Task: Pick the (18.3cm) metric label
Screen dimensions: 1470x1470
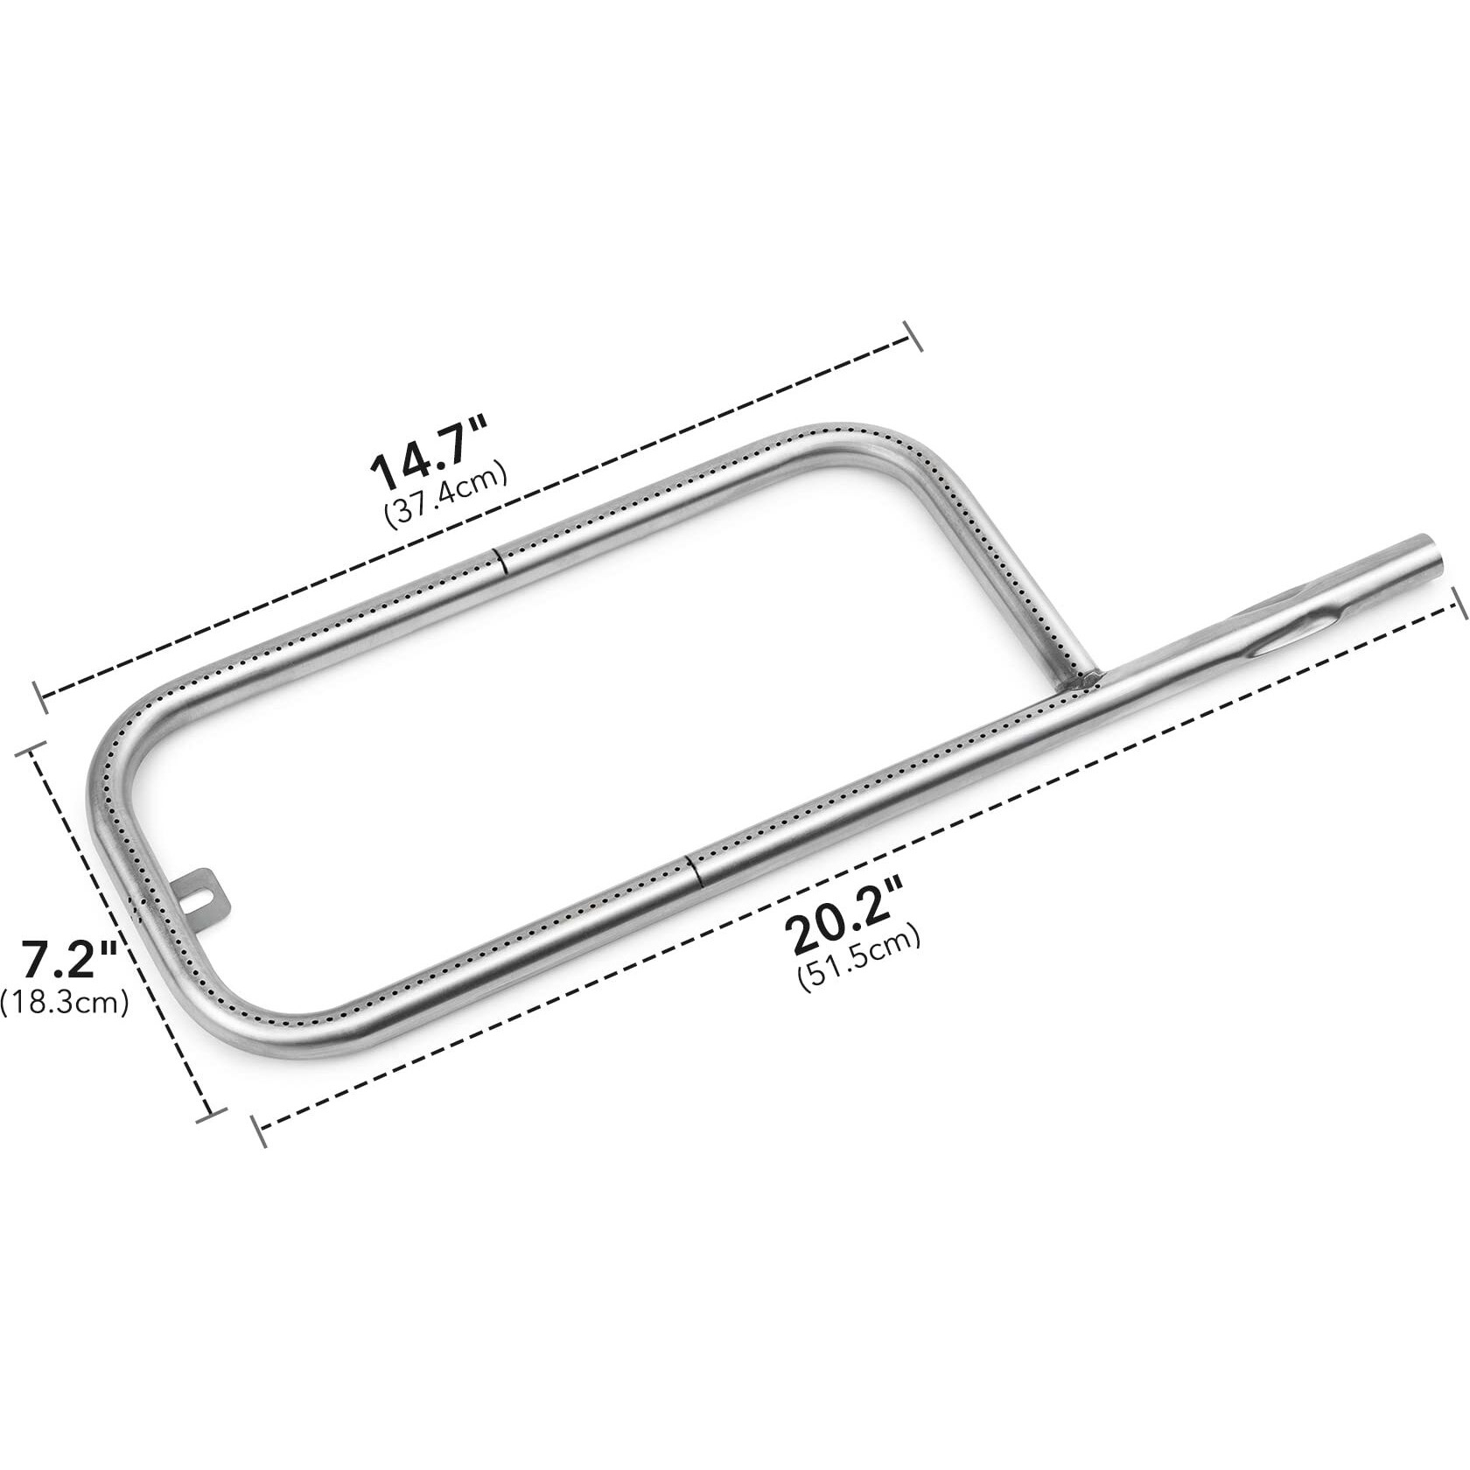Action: click(65, 1000)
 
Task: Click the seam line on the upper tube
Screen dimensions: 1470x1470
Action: click(499, 561)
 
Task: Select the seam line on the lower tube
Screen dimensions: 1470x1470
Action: click(694, 871)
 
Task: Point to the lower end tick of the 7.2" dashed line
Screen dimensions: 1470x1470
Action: click(208, 1112)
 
